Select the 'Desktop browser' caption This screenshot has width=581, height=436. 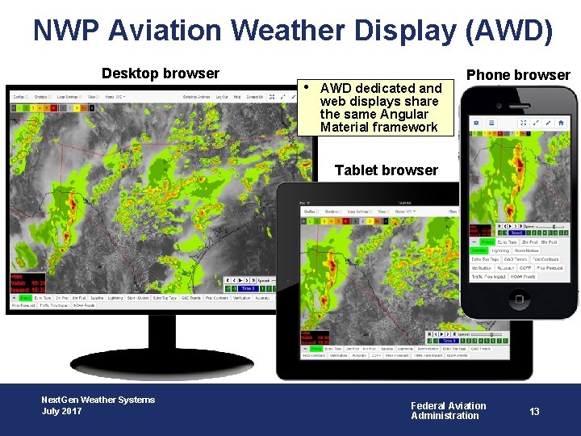pyautogui.click(x=160, y=73)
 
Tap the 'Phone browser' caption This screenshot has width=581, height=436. pyautogui.click(x=518, y=75)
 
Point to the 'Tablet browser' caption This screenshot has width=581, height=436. pyautogui.click(x=386, y=170)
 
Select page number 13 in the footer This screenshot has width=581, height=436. pyautogui.click(x=534, y=411)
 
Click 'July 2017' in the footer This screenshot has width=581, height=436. pyautogui.click(x=61, y=412)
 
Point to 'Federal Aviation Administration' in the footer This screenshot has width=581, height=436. pyautogui.click(x=448, y=411)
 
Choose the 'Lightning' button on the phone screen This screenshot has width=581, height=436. pyautogui.click(x=500, y=250)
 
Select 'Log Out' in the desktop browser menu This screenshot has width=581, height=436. pyautogui.click(x=220, y=97)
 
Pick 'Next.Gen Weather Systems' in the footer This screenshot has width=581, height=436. pyautogui.click(x=98, y=400)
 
